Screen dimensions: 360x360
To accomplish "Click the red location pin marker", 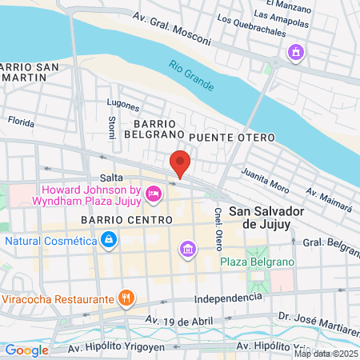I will coord(180,162).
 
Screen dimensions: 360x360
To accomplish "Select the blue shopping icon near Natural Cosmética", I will coord(107,239).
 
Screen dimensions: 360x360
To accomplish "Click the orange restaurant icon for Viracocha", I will coord(125,299).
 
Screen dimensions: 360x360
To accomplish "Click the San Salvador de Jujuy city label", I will coord(262,218).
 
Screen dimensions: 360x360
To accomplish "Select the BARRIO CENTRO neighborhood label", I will coord(126,219).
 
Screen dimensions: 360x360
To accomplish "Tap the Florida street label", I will coord(20,122).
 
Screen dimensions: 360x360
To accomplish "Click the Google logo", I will coord(26,350).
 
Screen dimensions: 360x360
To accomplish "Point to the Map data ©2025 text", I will coord(325,353).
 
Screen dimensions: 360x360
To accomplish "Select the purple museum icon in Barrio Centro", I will coord(188,250).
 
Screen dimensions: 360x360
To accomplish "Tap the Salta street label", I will coord(110,177).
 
